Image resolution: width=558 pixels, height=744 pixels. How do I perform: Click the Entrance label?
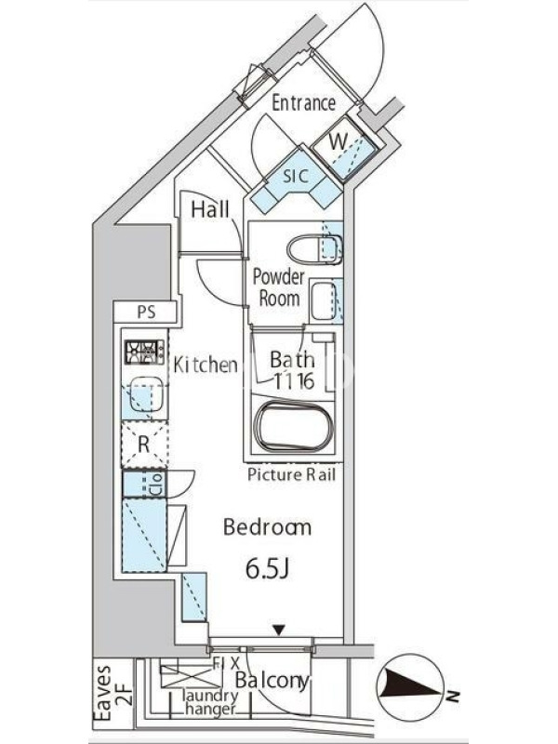(304, 103)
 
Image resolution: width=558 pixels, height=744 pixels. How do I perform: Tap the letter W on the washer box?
(339, 141)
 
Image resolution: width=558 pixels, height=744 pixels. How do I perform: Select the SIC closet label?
(296, 176)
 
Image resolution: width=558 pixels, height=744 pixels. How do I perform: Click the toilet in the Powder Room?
(314, 250)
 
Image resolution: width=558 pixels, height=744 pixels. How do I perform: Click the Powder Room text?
(278, 288)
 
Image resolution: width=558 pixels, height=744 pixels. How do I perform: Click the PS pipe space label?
(146, 312)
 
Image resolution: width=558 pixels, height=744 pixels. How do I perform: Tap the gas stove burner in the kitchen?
(144, 352)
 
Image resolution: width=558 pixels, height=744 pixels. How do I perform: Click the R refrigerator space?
(144, 445)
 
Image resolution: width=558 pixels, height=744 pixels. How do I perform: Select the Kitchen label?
(205, 365)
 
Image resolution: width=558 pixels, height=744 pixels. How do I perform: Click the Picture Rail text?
(291, 474)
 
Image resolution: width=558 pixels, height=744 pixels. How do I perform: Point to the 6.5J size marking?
(268, 570)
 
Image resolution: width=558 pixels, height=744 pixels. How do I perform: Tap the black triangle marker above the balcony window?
(280, 631)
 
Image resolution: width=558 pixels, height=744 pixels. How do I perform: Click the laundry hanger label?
(211, 702)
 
